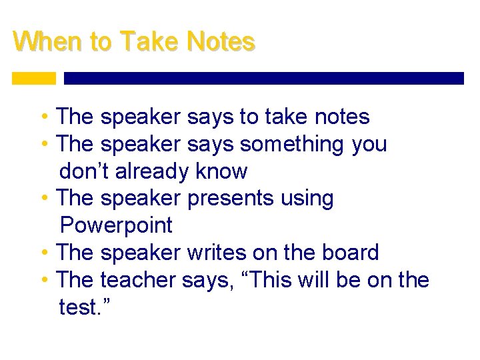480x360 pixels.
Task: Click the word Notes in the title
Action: pyautogui.click(x=221, y=42)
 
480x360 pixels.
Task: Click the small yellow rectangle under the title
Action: pyautogui.click(x=34, y=78)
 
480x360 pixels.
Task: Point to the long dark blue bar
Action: pyautogui.click(x=263, y=78)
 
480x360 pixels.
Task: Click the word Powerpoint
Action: pyautogui.click(x=116, y=226)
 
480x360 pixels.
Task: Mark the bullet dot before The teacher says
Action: pyautogui.click(x=44, y=281)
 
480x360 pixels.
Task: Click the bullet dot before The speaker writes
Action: pyautogui.click(x=44, y=253)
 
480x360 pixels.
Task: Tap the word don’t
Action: pyautogui.click(x=85, y=171)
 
